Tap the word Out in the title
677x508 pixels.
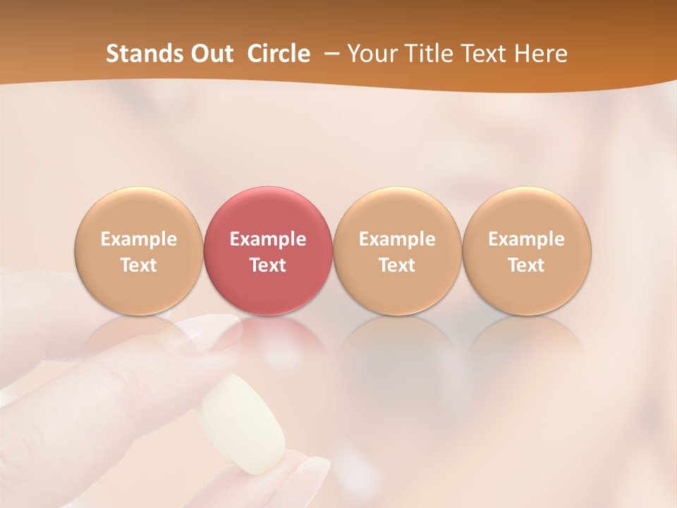209,54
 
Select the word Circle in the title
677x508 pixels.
279,54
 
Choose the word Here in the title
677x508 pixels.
539,54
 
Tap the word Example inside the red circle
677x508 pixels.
268,239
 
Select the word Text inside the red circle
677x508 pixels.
268,265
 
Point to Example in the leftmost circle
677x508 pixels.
139,239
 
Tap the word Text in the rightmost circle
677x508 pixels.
527,265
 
